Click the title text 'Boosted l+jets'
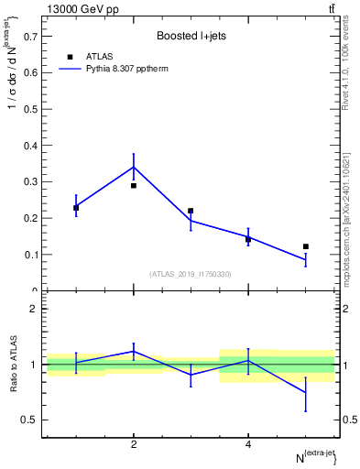click(190, 36)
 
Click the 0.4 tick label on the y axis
click(30, 146)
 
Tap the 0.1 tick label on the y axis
click(30, 255)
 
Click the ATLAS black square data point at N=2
click(134, 186)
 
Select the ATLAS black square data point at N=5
click(305, 246)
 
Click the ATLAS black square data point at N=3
click(191, 211)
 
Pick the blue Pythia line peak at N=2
click(134, 167)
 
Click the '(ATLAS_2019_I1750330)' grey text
click(190, 274)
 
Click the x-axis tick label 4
click(248, 444)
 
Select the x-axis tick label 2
click(134, 444)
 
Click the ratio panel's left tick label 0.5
click(31, 420)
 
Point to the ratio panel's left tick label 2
click(35, 310)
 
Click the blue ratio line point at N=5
click(305, 393)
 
